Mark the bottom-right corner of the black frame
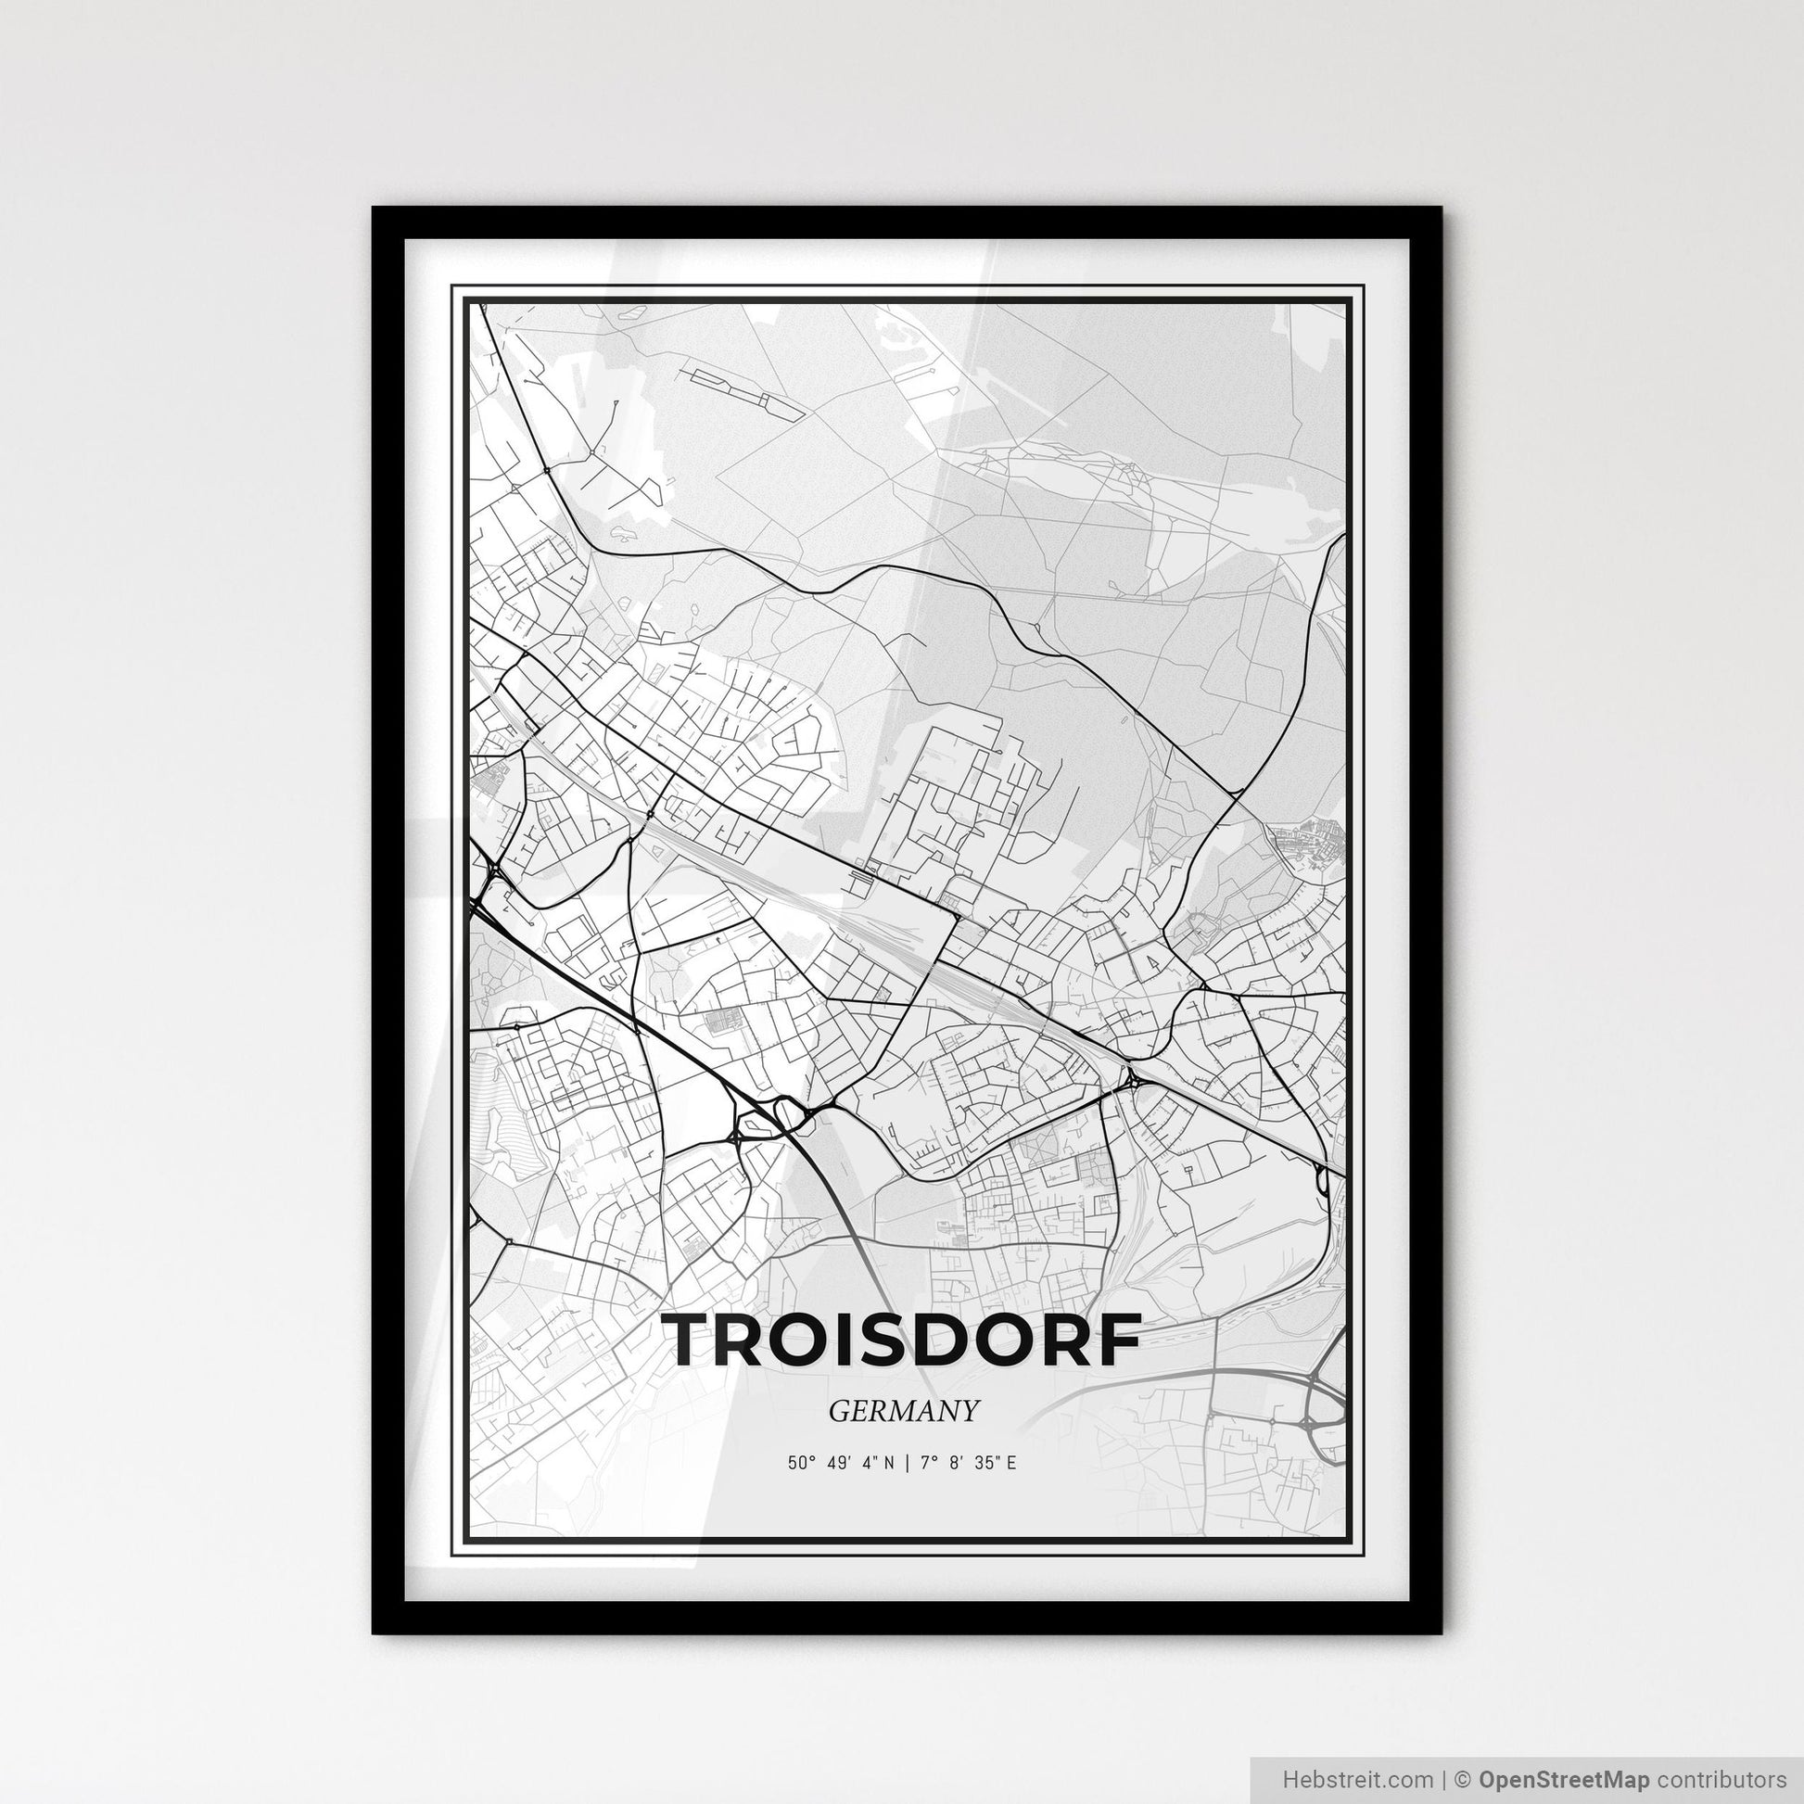point(1440,1632)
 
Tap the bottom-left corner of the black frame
point(375,1632)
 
